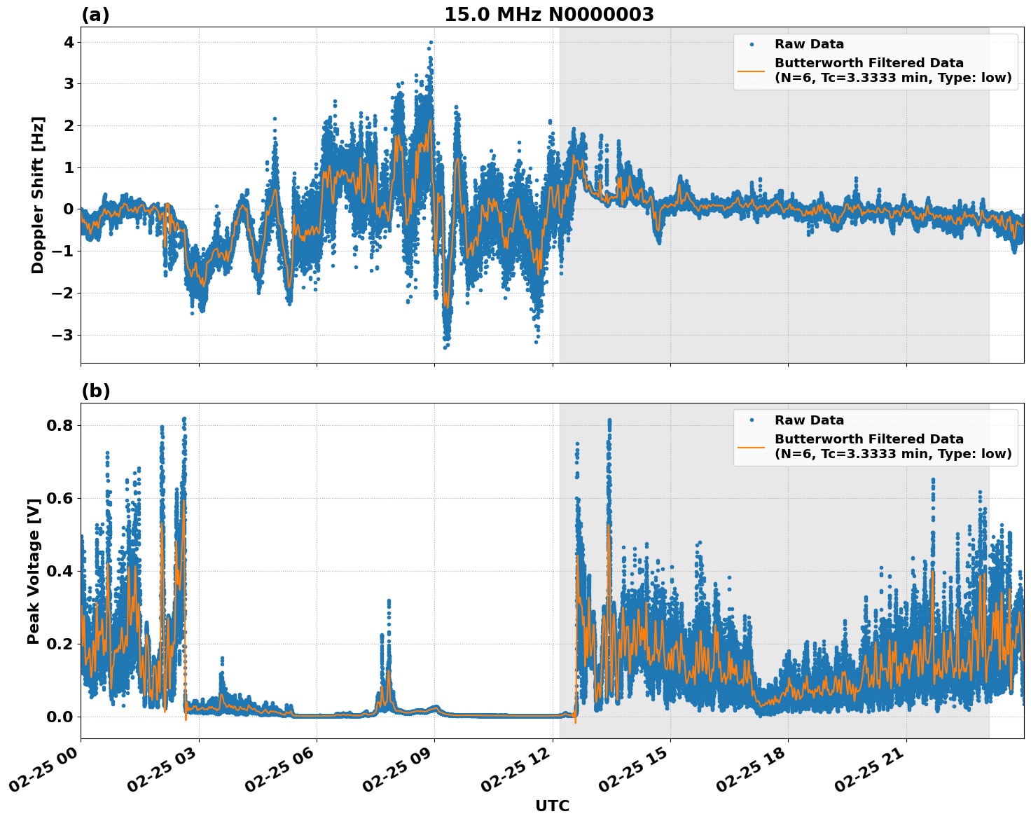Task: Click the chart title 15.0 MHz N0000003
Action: [548, 15]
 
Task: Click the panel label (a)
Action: [95, 15]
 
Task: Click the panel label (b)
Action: [95, 391]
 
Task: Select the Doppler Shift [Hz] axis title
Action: [38, 195]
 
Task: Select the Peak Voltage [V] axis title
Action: [34, 571]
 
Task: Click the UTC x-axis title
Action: [552, 806]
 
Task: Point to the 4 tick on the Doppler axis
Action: [69, 42]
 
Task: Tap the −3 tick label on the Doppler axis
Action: [64, 335]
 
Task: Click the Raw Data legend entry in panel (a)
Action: [809, 44]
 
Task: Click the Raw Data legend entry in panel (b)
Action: [809, 420]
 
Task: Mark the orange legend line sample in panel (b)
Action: [752, 446]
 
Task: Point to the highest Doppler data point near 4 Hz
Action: [431, 42]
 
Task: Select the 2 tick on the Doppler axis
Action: [69, 125]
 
